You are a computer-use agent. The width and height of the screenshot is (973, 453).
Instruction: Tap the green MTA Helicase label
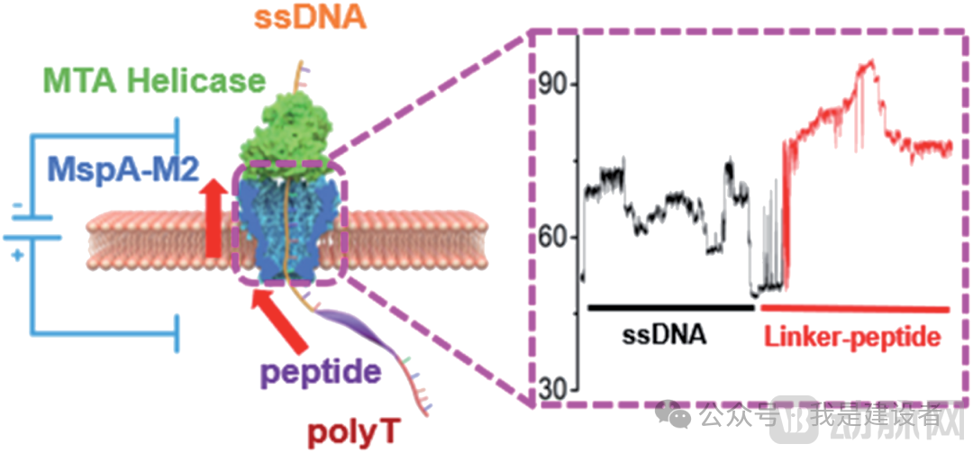168,81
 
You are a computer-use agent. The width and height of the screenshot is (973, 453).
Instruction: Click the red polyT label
344,433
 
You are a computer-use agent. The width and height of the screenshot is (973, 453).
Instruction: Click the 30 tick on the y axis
551,391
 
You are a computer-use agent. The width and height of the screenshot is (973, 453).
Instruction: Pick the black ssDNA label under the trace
664,335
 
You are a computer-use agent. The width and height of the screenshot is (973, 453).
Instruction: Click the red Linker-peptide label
852,337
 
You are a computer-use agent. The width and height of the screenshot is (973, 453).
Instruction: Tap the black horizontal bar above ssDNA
670,307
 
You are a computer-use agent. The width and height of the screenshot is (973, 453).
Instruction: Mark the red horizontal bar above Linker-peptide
855,308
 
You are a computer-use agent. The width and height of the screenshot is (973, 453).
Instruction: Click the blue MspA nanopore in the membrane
284,230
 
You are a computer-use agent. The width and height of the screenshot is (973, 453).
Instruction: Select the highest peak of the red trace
870,62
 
